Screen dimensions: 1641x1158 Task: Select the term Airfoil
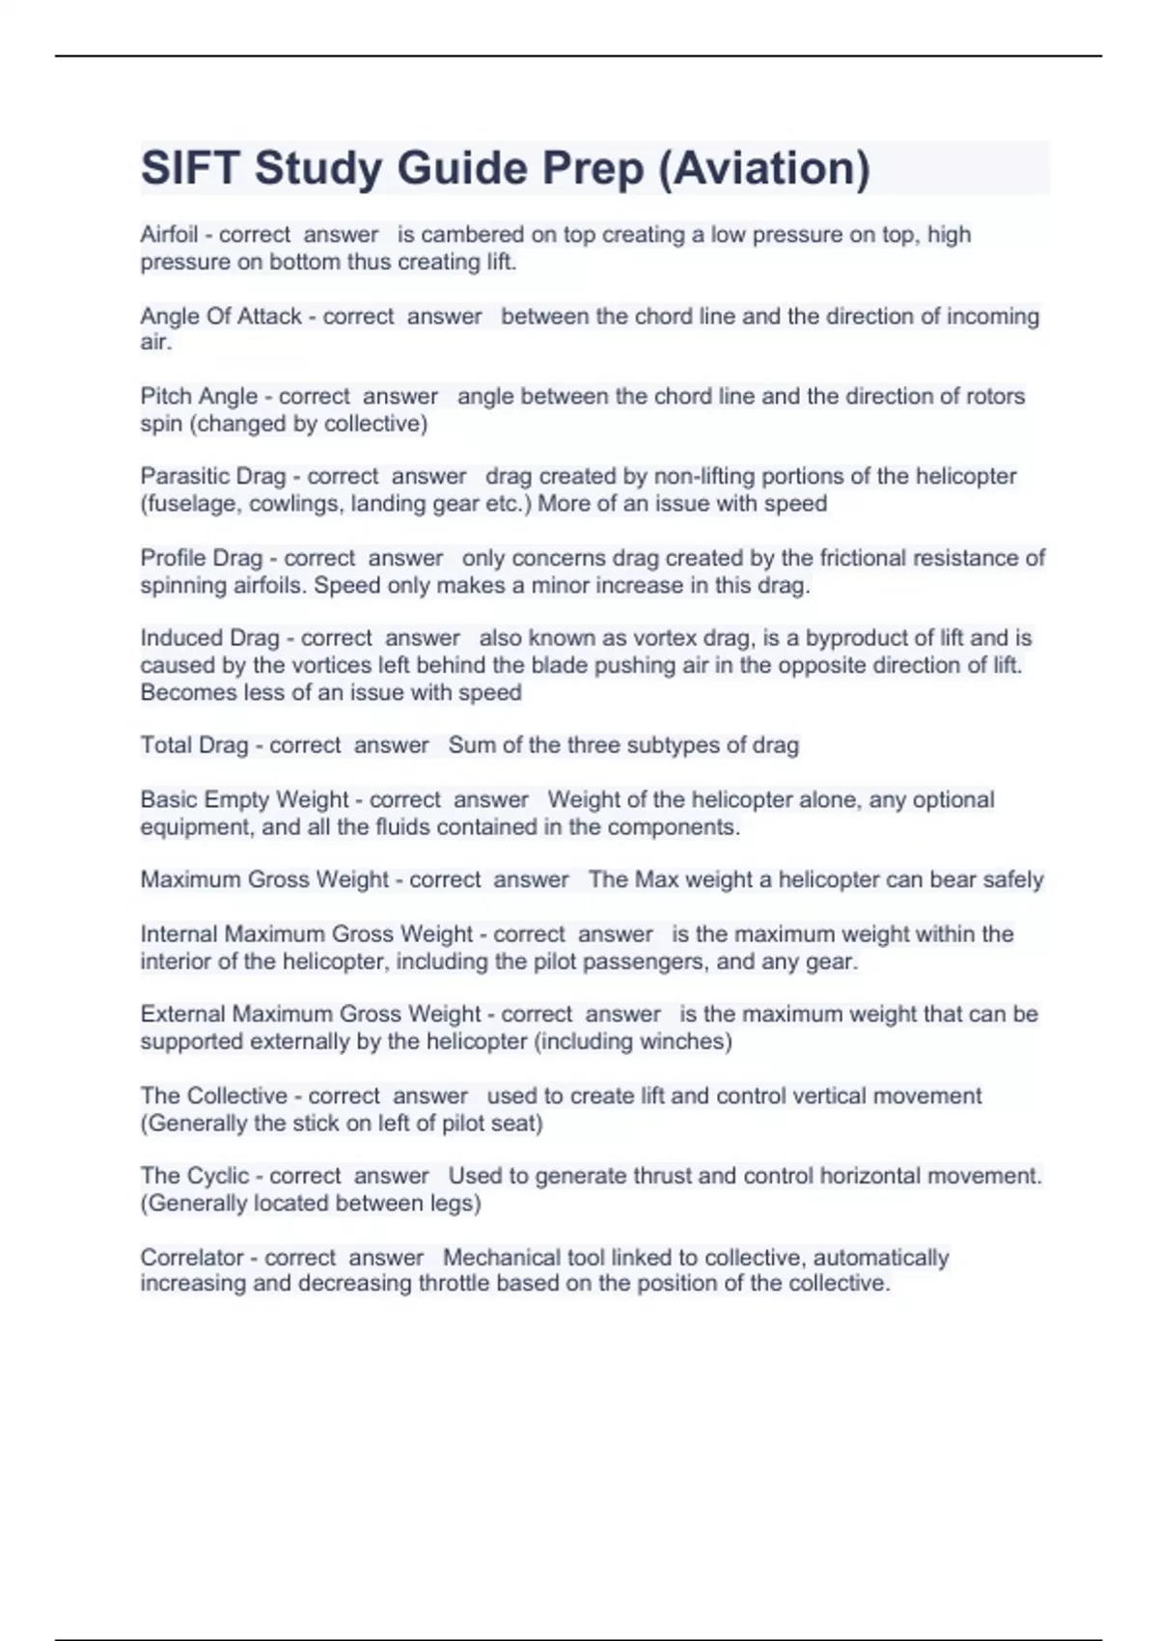point(169,235)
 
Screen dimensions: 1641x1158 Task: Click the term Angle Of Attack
point(221,317)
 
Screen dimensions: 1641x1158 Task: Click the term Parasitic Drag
point(213,477)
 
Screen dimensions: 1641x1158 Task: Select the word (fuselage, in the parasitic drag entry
point(191,504)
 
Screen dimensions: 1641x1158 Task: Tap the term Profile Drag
point(202,559)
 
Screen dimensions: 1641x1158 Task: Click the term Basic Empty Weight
point(244,800)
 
